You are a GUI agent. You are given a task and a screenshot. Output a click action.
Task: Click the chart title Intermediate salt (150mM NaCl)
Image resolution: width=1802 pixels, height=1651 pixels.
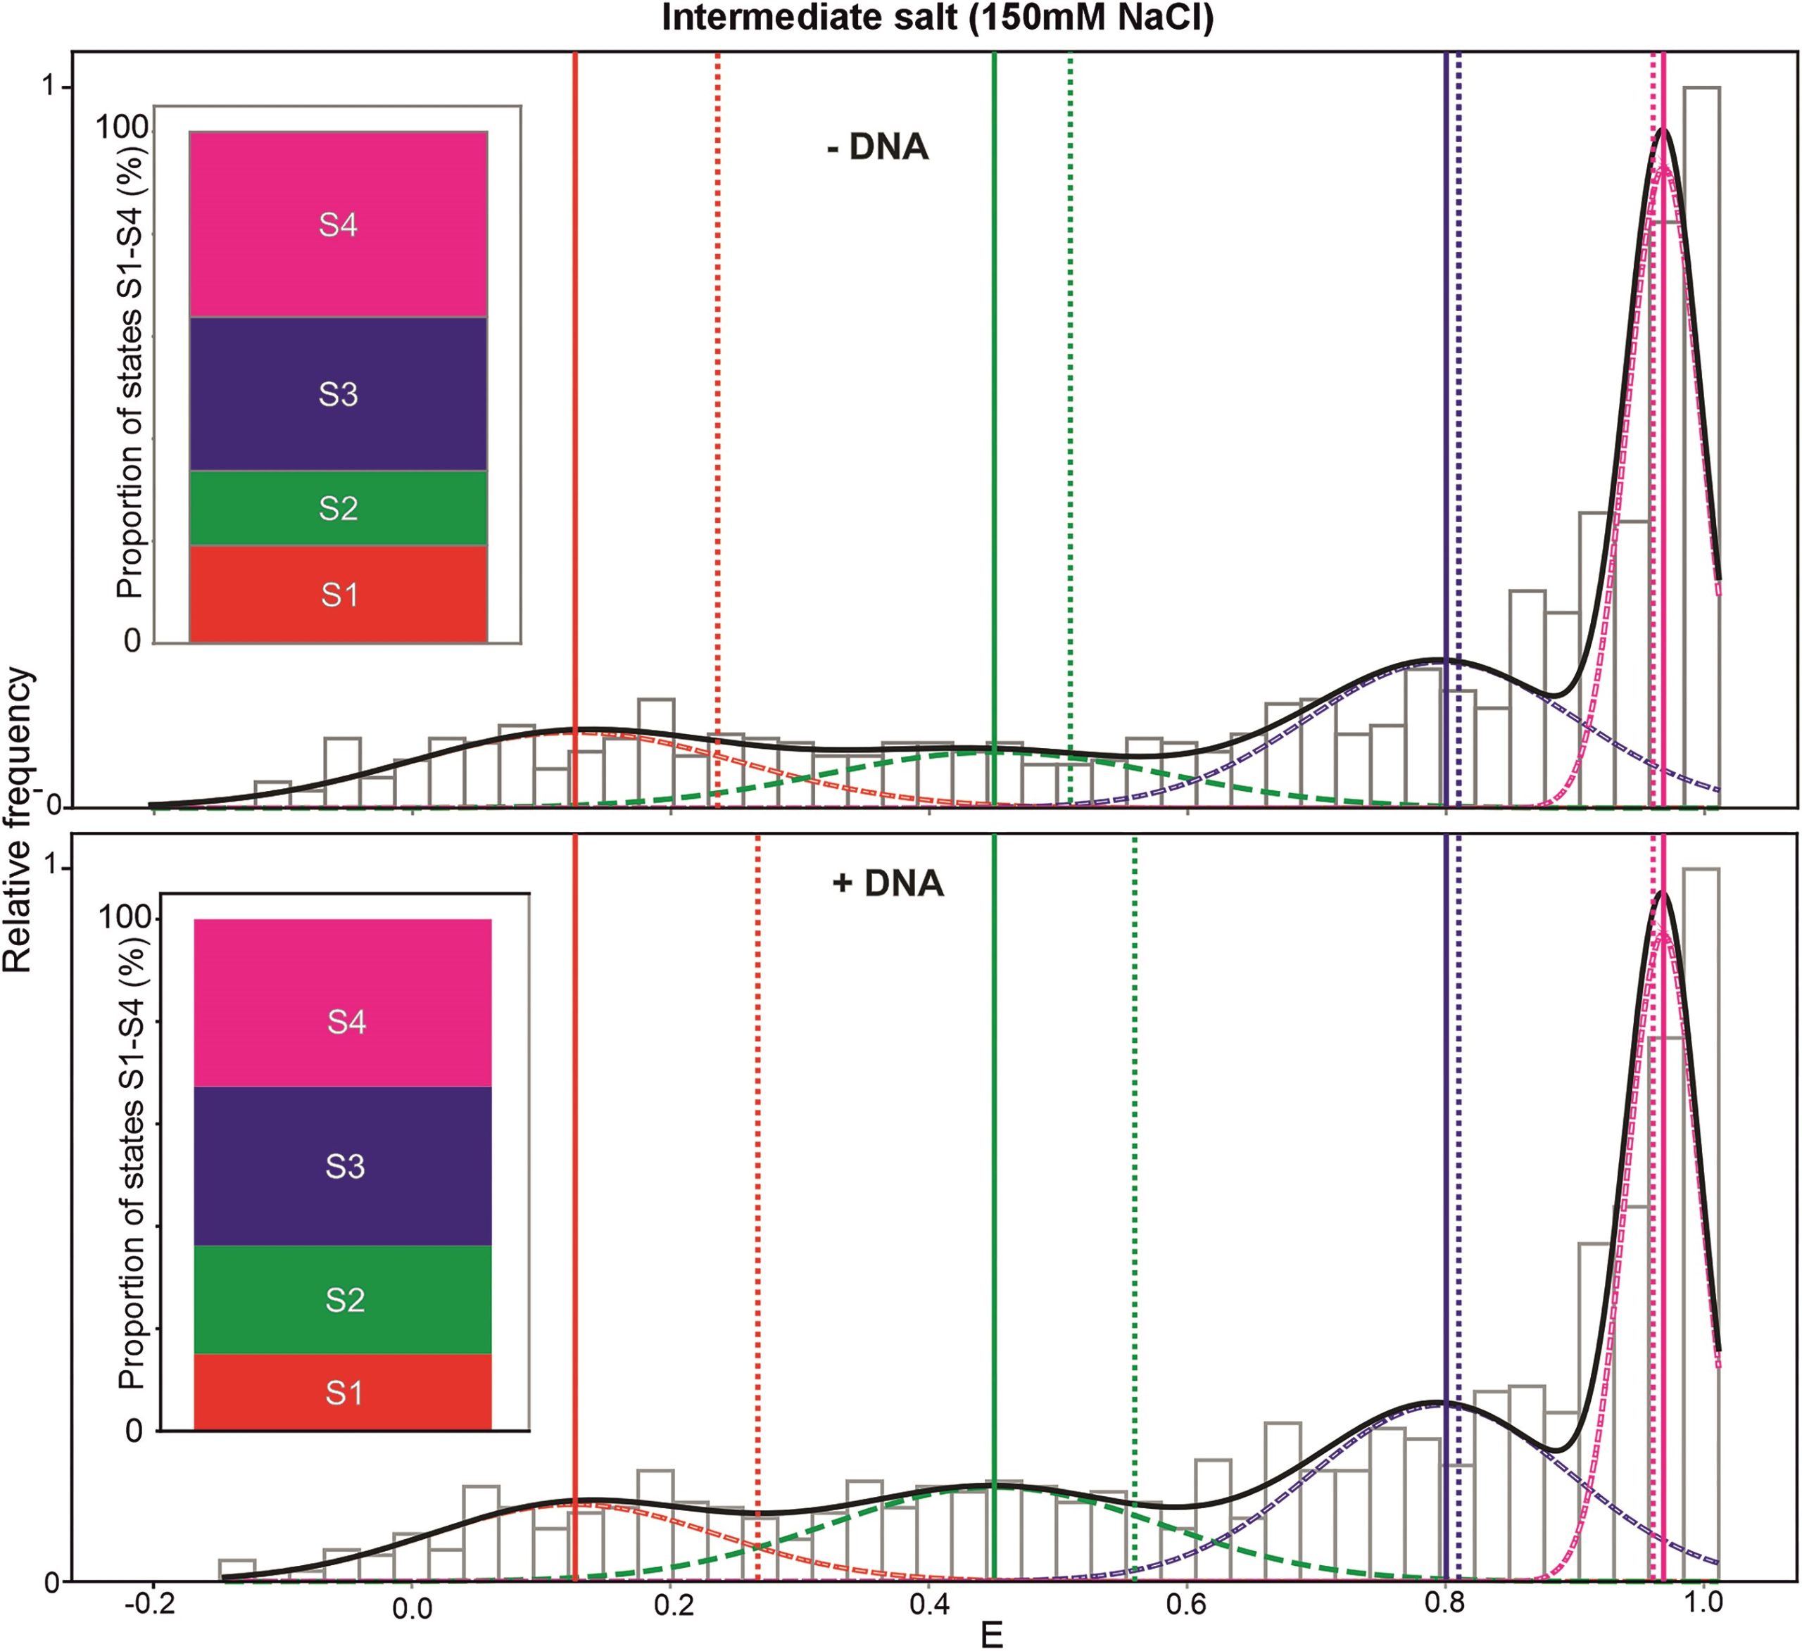pyautogui.click(x=938, y=18)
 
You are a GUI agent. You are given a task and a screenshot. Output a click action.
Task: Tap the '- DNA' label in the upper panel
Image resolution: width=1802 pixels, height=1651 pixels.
pyautogui.click(x=877, y=146)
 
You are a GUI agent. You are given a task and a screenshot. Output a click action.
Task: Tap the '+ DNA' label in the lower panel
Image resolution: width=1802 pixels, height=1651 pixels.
pyautogui.click(x=888, y=883)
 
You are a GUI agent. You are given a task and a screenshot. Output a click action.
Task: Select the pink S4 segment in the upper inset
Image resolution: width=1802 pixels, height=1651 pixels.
pyautogui.click(x=338, y=224)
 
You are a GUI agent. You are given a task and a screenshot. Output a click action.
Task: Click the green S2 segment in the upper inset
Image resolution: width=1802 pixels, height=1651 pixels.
pyautogui.click(x=338, y=507)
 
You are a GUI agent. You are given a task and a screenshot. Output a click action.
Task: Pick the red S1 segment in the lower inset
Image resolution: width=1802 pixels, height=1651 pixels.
pyautogui.click(x=344, y=1393)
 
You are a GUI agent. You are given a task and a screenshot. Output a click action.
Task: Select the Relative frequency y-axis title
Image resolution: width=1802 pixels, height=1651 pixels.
pyautogui.click(x=18, y=823)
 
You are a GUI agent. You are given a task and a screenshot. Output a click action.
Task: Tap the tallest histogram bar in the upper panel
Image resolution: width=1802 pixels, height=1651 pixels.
pyautogui.click(x=1702, y=447)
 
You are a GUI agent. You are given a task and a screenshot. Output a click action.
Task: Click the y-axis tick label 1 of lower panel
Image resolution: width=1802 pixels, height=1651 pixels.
pyautogui.click(x=59, y=868)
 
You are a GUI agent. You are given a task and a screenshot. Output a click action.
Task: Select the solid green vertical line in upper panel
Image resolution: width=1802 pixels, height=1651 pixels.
pyautogui.click(x=994, y=358)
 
